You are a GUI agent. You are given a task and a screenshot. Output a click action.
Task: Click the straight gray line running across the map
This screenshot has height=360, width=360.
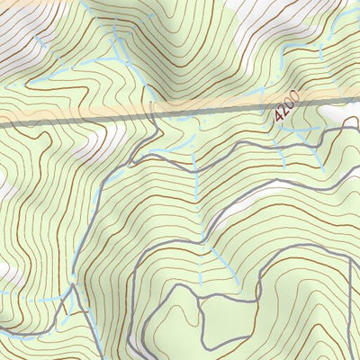pyautogui.click(x=90, y=121)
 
